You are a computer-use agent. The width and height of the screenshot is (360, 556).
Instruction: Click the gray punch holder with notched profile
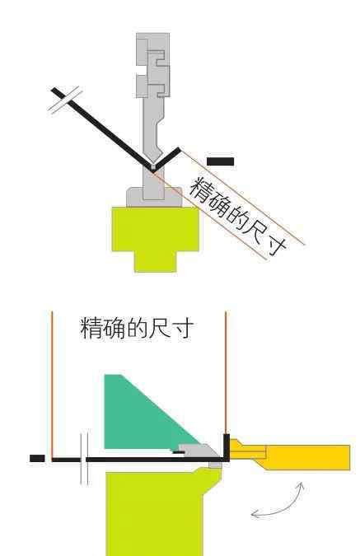[x=153, y=65]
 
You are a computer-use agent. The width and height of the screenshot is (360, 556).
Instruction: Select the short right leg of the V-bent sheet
[x=166, y=159]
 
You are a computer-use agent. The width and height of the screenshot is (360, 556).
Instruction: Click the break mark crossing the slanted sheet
[x=66, y=100]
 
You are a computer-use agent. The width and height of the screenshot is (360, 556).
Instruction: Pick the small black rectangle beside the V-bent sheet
[x=220, y=161]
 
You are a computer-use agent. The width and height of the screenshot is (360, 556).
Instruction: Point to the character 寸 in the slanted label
[x=276, y=244]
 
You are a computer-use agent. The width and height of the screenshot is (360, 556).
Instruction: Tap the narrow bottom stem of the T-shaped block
[x=156, y=262]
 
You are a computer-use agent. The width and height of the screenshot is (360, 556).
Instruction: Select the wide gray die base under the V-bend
[x=154, y=197]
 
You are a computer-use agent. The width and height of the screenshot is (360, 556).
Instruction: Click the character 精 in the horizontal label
[x=91, y=328]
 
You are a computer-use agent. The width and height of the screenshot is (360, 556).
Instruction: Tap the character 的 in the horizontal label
[x=138, y=328]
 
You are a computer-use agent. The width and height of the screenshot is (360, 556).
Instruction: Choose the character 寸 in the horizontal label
[x=183, y=328]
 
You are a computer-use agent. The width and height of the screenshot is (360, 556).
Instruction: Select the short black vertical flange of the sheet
[x=227, y=446]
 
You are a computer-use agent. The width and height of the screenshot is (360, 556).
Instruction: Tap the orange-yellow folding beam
[x=290, y=456]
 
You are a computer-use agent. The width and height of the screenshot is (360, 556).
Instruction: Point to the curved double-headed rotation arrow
[x=280, y=503]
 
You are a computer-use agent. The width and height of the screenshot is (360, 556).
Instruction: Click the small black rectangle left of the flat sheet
[x=37, y=459]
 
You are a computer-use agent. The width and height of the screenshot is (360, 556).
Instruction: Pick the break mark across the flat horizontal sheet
[x=84, y=459]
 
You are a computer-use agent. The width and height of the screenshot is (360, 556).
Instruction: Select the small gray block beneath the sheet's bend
[x=215, y=465]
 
